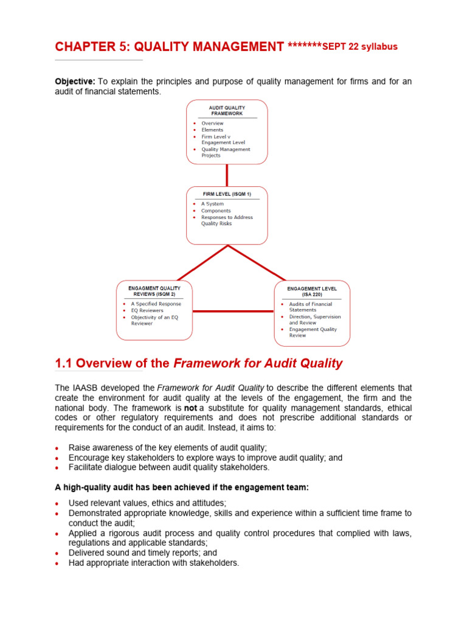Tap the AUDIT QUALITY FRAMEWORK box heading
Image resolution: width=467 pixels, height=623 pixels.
[226, 110]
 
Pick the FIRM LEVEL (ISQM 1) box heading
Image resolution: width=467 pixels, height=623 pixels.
[226, 195]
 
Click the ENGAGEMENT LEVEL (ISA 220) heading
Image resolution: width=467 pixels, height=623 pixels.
[311, 291]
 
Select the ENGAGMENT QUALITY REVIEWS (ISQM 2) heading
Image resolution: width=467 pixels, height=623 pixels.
[154, 291]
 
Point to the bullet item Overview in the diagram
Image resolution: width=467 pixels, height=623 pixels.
[212, 124]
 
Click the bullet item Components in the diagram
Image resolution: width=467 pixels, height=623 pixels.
[216, 211]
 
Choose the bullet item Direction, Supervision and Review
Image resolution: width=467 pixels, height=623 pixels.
[314, 319]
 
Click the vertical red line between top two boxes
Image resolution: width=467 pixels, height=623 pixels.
[227, 175]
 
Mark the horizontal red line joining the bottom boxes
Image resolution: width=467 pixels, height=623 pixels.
[233, 312]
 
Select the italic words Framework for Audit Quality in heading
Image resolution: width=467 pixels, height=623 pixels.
[258, 364]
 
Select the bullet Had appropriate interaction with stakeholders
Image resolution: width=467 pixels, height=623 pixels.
[154, 563]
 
